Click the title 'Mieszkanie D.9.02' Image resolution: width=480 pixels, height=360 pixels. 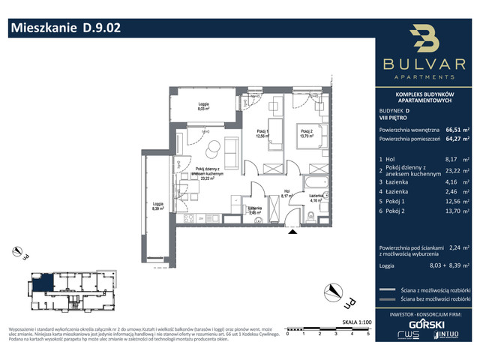point(64,28)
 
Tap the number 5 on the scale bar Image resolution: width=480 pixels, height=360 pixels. point(367,334)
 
